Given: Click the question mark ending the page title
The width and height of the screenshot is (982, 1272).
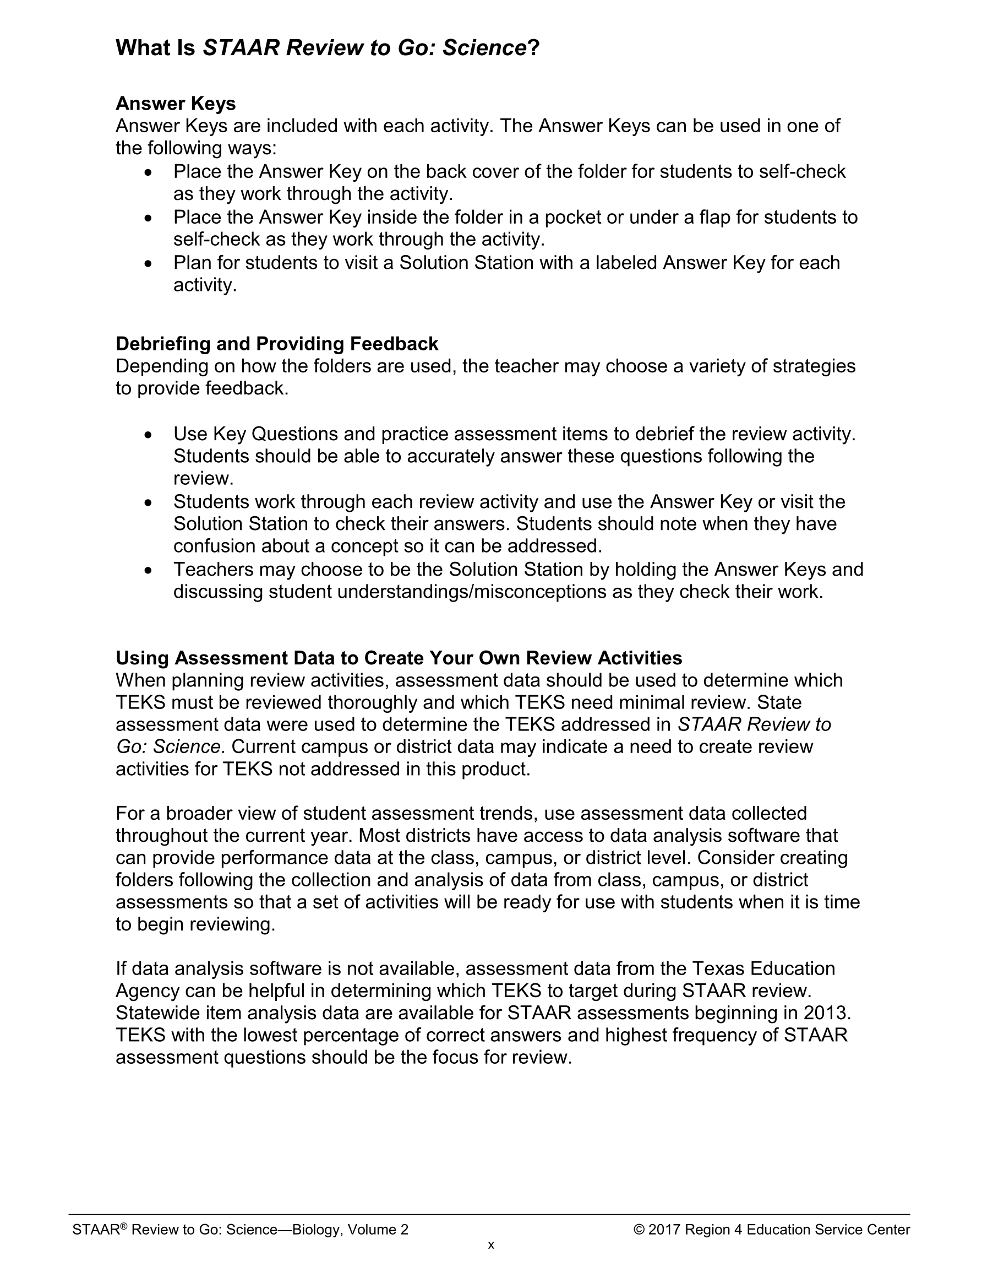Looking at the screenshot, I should tap(534, 48).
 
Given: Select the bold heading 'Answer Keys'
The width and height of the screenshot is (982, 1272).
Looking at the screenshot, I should tap(176, 104).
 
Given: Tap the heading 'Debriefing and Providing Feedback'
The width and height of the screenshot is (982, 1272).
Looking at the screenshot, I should tap(277, 344).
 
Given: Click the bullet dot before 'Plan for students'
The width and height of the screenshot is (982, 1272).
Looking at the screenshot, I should tap(149, 264).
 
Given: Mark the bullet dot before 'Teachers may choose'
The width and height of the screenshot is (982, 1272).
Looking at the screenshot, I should tap(149, 570).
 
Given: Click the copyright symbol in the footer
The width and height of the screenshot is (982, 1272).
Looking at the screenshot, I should tap(639, 1230).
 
